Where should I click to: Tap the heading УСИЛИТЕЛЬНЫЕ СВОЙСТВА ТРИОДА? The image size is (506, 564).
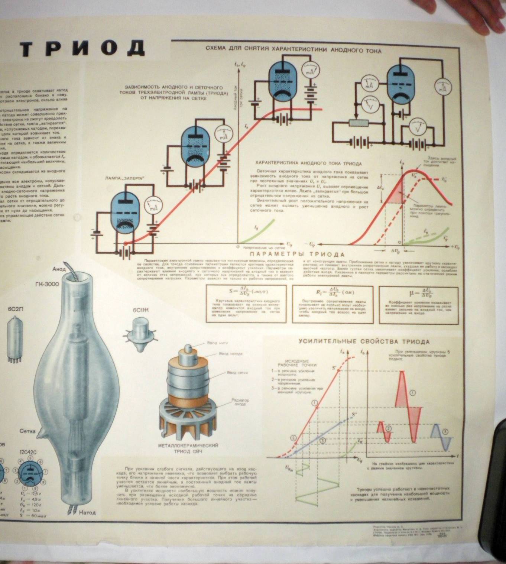[364, 341]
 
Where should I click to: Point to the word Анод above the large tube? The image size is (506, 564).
[59, 269]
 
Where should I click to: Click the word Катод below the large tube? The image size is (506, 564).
[87, 512]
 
